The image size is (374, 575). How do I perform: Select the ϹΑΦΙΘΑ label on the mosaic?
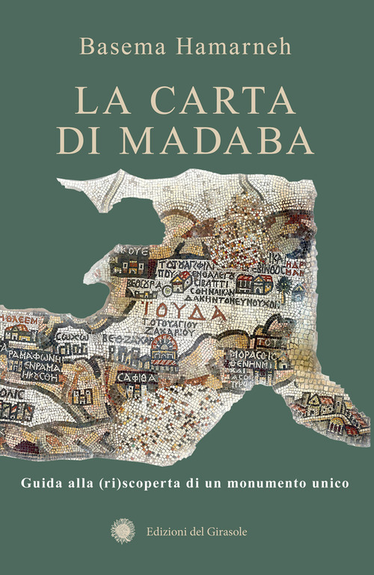pyautogui.click(x=139, y=377)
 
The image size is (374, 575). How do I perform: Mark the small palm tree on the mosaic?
pyautogui.click(x=283, y=285)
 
